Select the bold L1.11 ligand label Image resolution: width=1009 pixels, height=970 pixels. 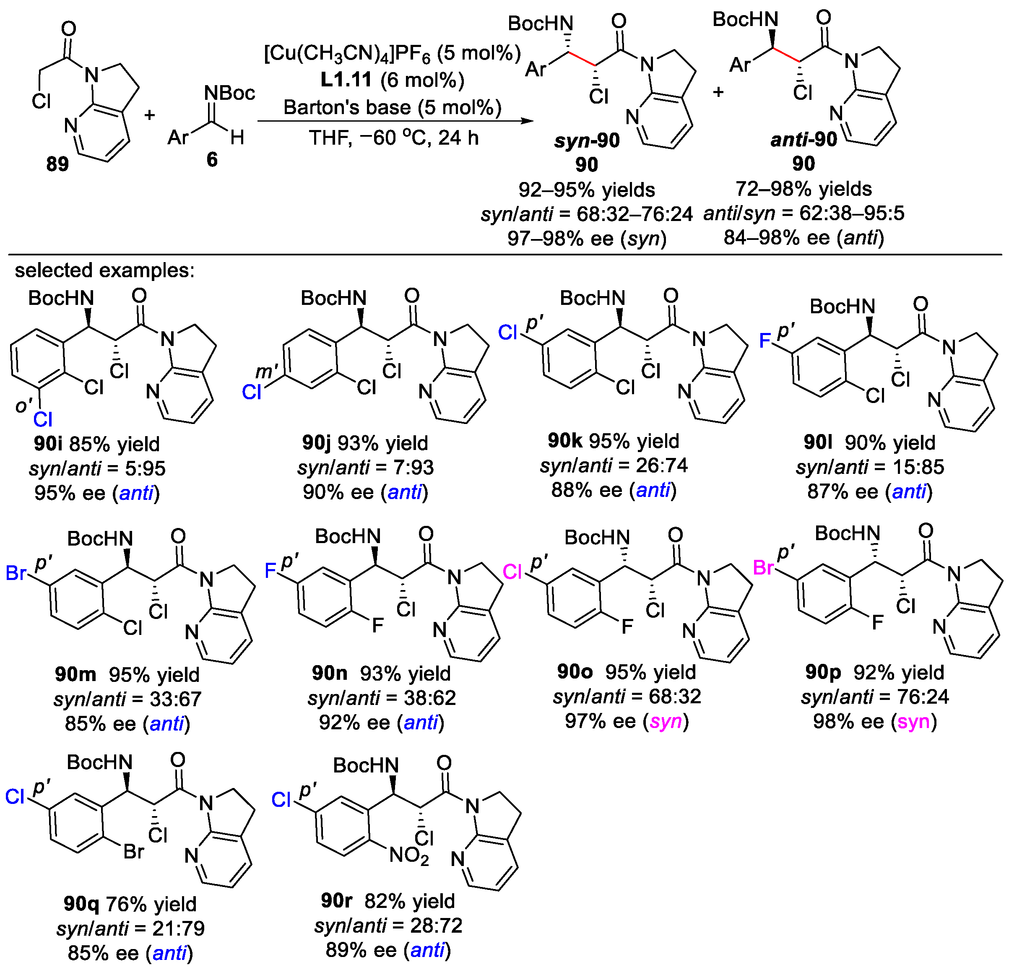pos(346,80)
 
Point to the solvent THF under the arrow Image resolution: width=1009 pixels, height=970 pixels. pos(330,138)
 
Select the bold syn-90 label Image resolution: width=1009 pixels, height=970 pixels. pos(586,140)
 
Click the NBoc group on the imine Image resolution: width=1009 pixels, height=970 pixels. pos(229,93)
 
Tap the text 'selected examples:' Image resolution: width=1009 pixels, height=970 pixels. pos(104,270)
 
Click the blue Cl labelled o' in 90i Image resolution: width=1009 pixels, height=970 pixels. pos(43,420)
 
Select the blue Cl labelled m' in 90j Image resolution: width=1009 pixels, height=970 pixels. pos(252,393)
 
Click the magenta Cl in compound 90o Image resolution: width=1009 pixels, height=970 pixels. pos(512,572)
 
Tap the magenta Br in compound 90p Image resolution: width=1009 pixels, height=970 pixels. pos(763,568)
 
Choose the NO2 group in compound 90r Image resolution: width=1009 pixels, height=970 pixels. pos(409,855)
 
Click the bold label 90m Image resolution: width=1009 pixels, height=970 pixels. pos(75,674)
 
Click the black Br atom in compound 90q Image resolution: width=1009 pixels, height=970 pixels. pos(133,852)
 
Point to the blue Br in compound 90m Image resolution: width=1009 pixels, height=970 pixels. pos(16,572)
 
